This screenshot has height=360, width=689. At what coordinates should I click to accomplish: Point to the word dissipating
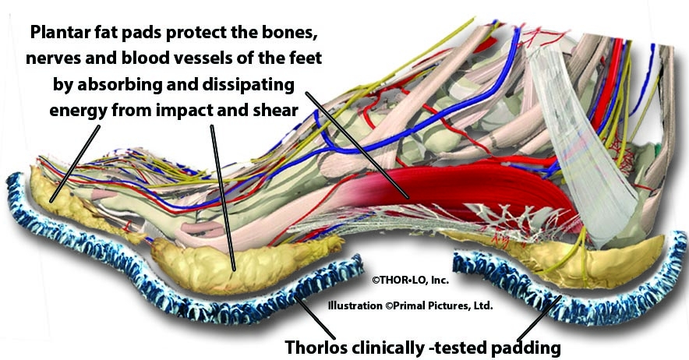249,84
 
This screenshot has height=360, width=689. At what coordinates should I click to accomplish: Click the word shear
275,109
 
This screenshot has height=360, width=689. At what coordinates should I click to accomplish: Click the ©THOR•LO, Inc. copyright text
411,280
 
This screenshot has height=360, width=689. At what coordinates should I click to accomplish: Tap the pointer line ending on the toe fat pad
75,164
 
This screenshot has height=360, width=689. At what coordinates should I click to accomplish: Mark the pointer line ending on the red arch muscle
357,145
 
